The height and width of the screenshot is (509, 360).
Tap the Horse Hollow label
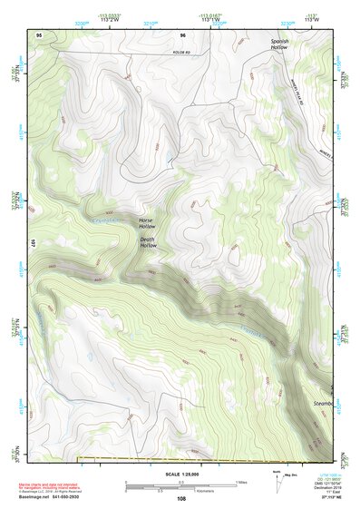(147, 224)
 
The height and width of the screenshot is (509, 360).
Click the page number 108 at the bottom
(180, 498)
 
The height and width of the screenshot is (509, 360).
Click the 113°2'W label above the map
(112, 20)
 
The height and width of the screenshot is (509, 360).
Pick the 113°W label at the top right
(311, 20)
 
